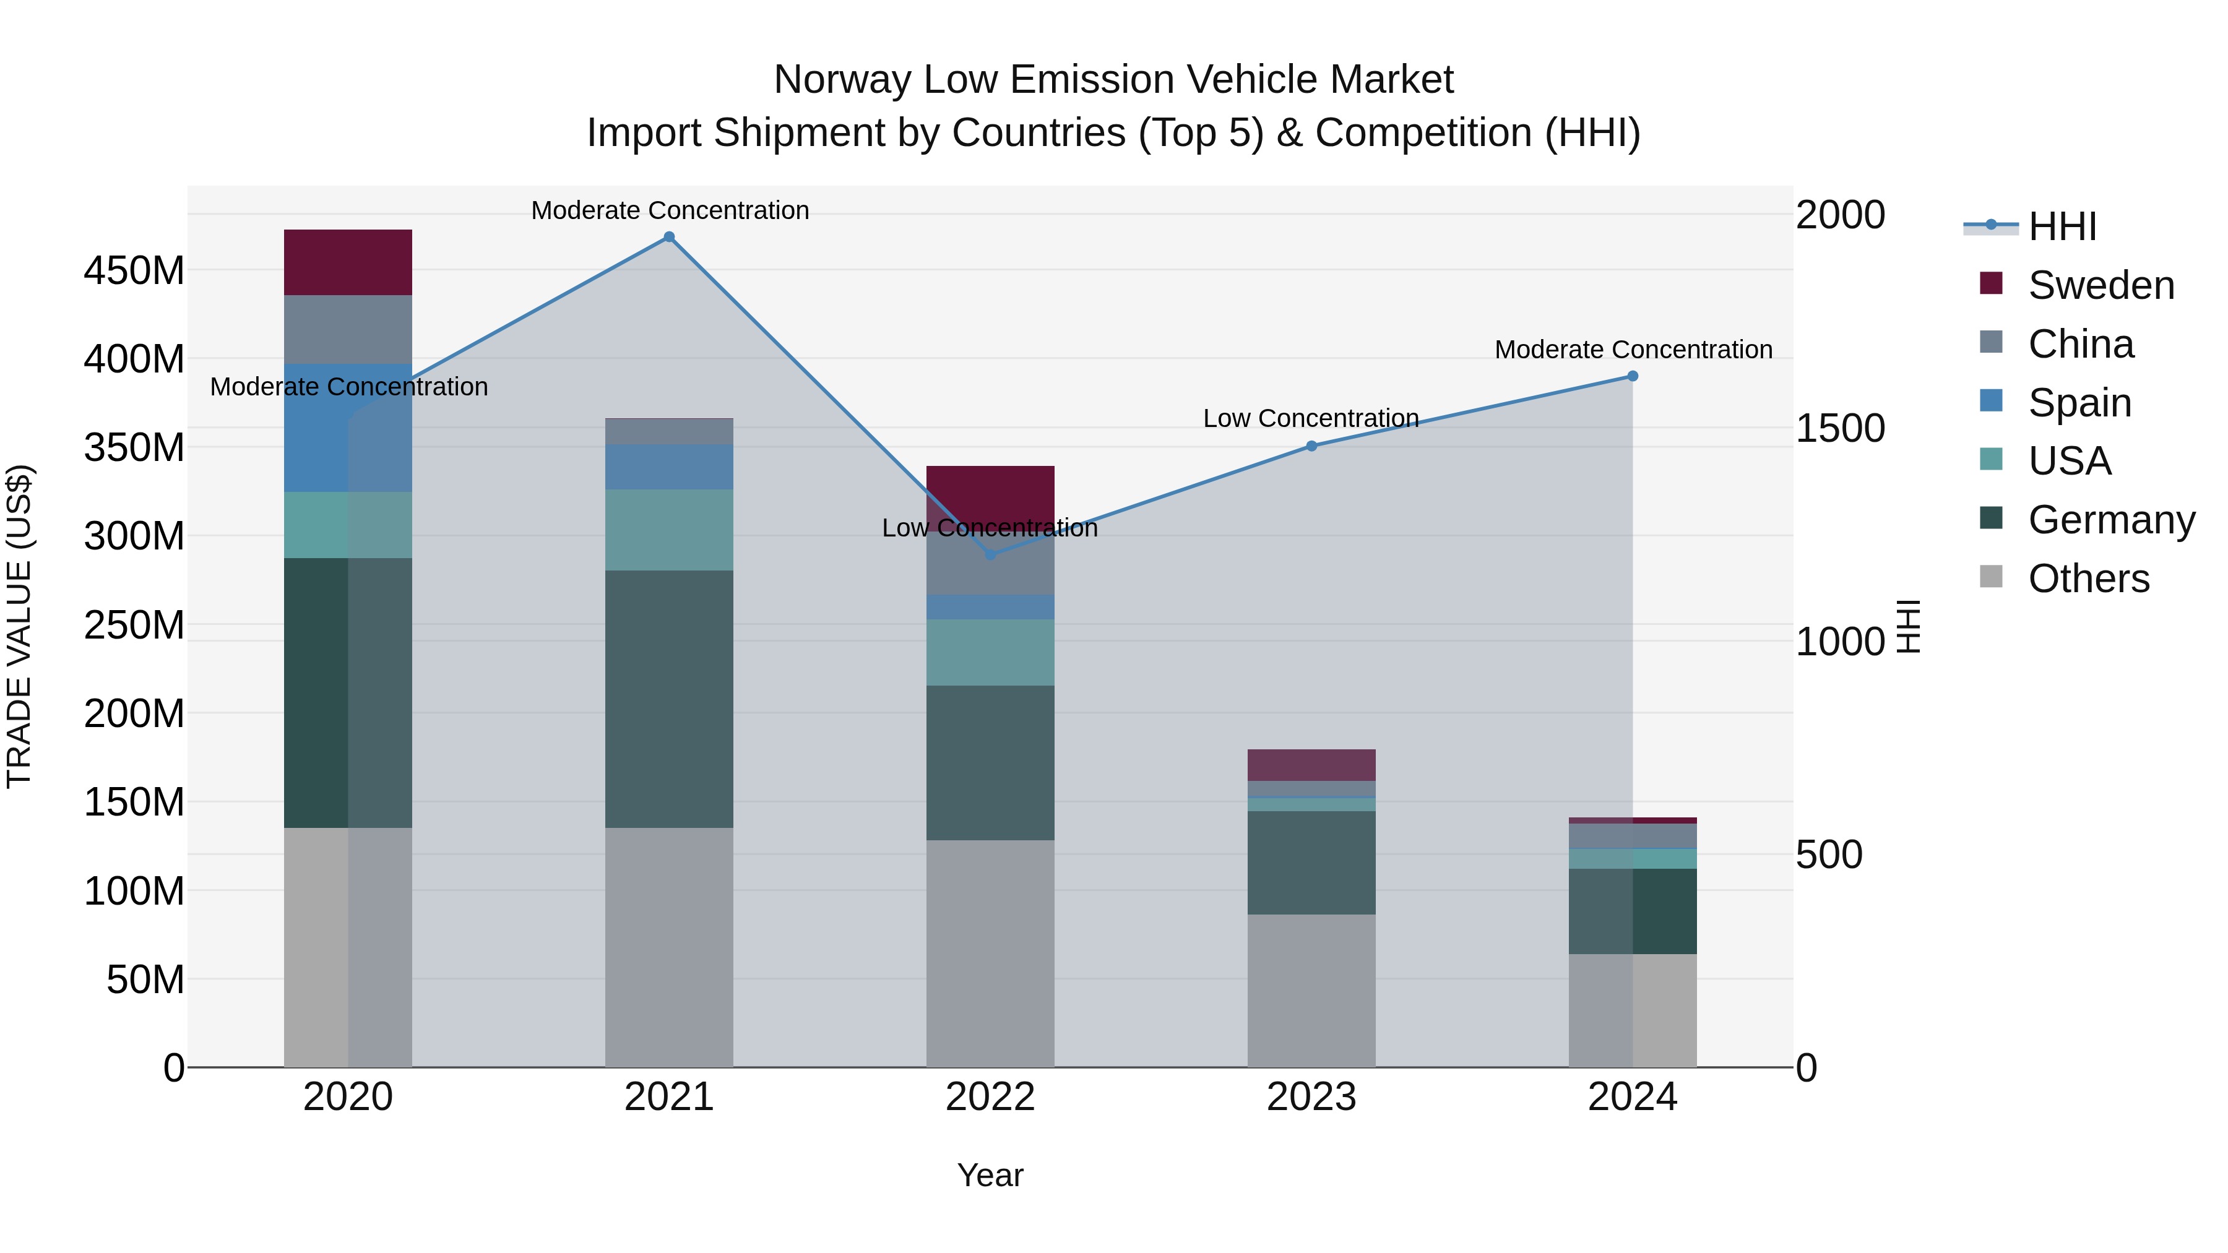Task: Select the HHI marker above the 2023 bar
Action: [1311, 446]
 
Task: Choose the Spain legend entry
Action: [2079, 403]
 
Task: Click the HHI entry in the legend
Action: [2062, 226]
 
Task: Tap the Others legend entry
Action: [2088, 579]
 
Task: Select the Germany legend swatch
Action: [1991, 519]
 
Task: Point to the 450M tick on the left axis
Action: [134, 270]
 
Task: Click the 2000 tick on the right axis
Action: [1840, 215]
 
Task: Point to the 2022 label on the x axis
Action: [990, 1097]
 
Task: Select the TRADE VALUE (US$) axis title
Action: [19, 626]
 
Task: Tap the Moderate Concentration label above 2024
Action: [1633, 350]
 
